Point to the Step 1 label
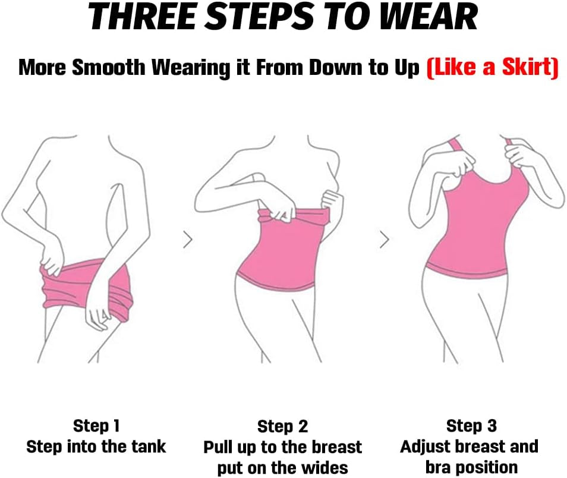96,426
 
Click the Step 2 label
282,427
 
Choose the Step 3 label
471,426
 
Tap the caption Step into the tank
96,446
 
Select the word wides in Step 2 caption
325,467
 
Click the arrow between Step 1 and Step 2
188,240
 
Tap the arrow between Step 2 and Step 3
384,240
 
